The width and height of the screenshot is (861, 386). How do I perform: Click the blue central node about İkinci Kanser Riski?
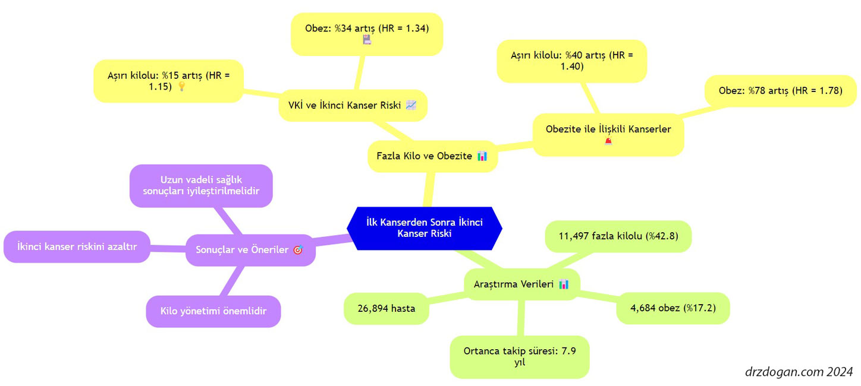[x=425, y=228]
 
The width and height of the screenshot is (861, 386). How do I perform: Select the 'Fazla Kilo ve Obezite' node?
[x=432, y=156]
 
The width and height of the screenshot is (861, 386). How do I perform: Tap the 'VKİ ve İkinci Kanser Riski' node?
[x=353, y=106]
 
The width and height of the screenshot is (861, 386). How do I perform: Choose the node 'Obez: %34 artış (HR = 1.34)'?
[x=367, y=34]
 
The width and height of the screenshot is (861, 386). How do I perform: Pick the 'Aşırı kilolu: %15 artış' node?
[x=168, y=81]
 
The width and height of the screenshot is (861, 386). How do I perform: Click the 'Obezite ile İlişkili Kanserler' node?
[x=608, y=135]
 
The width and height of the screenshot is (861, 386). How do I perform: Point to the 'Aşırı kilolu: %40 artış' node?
[x=571, y=61]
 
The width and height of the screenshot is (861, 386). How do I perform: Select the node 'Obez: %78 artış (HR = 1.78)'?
[x=780, y=91]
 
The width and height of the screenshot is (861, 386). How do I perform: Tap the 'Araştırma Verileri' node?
[x=521, y=284]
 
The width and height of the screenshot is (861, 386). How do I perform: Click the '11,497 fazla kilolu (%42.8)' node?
[x=618, y=236]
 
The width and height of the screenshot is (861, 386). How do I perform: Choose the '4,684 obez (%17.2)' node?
[x=673, y=308]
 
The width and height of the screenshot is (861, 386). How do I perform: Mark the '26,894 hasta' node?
[x=386, y=308]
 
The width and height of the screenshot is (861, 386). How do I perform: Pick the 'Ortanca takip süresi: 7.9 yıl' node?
[x=519, y=357]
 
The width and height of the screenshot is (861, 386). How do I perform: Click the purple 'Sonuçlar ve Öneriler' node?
[x=250, y=250]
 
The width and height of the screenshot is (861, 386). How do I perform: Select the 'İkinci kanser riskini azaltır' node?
[x=77, y=246]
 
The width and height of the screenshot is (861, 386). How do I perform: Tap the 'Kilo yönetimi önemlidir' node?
[x=213, y=311]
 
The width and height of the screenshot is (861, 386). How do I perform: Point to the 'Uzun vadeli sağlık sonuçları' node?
[x=201, y=186]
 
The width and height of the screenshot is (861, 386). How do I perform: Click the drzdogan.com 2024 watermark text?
[x=799, y=372]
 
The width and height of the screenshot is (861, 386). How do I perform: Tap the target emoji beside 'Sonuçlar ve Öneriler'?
[x=298, y=250]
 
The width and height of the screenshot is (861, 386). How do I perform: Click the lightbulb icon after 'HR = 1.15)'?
[x=182, y=87]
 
